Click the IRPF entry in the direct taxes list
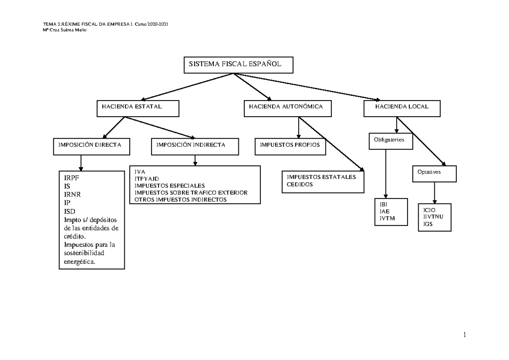[71, 178]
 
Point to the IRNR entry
[72, 195]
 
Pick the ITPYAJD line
[147, 179]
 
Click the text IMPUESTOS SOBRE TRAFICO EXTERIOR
[191, 193]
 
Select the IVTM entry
[387, 218]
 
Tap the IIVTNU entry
[433, 217]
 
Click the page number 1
[465, 335]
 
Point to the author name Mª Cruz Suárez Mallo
[64, 30]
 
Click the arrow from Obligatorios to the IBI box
[386, 174]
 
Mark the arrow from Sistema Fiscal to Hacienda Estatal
[187, 87]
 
